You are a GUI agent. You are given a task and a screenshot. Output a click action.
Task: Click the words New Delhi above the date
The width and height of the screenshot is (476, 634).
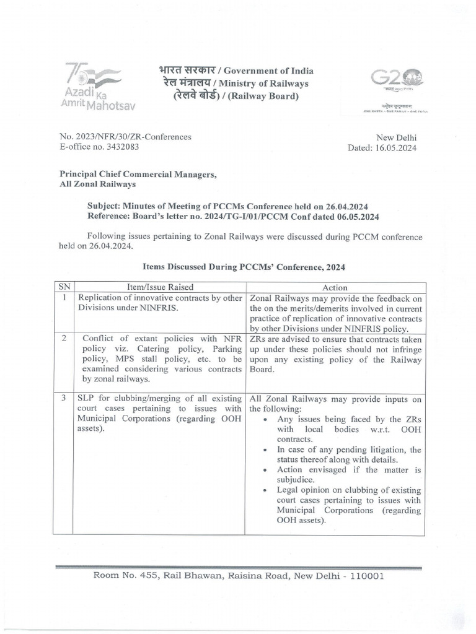tap(397, 137)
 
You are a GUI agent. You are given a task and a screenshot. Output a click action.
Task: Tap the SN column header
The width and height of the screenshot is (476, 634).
tap(63, 287)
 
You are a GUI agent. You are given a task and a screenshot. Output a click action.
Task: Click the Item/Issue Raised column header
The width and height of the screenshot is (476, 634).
tap(160, 287)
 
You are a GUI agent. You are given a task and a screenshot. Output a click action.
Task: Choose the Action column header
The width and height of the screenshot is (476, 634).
tap(335, 287)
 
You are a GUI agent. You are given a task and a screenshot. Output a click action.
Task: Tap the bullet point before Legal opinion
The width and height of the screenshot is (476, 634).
tap(265, 490)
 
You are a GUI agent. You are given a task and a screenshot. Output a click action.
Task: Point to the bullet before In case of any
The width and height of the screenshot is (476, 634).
tap(265, 449)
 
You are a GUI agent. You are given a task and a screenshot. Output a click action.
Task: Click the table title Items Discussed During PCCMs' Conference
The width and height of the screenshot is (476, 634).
tap(244, 267)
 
